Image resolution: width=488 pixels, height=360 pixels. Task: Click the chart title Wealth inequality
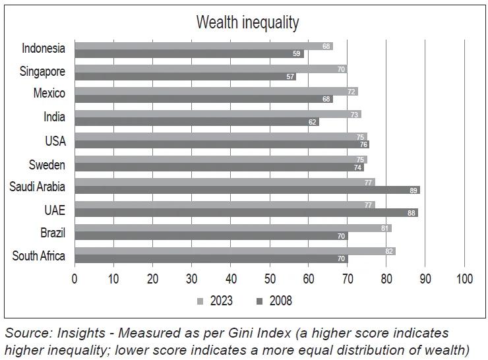tap(247, 22)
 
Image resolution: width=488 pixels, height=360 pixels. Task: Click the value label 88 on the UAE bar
tap(412, 213)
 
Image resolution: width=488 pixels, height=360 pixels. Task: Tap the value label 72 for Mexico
tap(352, 92)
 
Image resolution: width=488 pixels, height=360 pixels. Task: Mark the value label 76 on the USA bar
tap(363, 144)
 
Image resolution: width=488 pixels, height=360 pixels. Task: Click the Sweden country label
tap(47, 165)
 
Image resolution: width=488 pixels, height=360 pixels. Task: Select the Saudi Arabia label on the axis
tap(38, 187)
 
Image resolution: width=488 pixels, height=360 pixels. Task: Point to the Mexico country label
tap(49, 93)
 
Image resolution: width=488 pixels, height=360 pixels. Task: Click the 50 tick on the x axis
tap(270, 278)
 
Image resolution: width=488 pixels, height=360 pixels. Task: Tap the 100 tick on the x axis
tap(464, 278)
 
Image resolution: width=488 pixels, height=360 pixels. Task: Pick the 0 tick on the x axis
tap(75, 278)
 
